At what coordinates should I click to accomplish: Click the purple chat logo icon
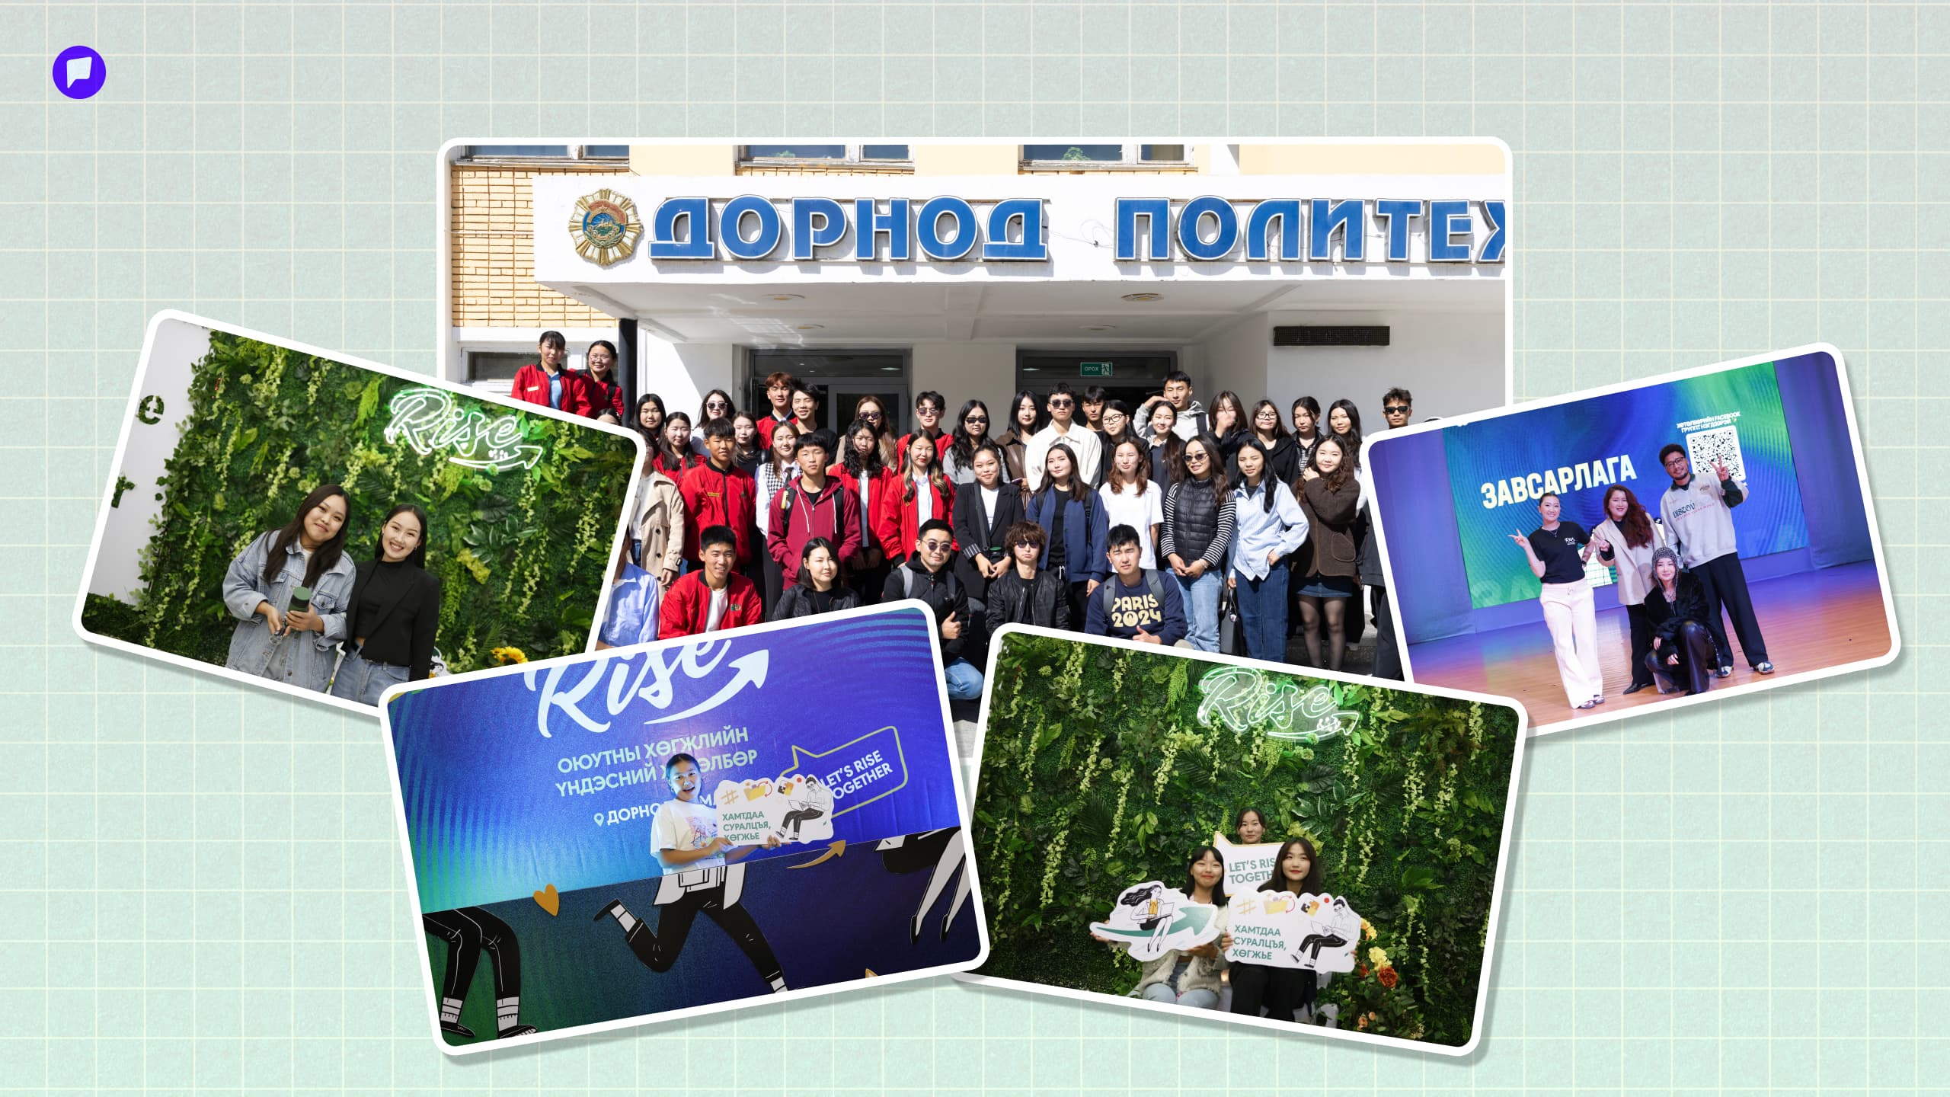[x=79, y=72]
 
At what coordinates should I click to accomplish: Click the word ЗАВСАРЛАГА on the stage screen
[x=1558, y=481]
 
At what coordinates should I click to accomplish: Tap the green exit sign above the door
[x=1096, y=369]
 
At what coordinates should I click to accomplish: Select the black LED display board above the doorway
[x=1330, y=335]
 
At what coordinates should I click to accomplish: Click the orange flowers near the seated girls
[x=1378, y=961]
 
